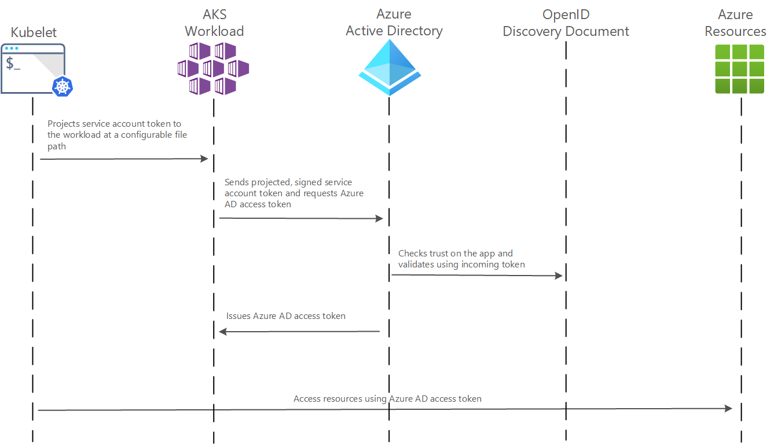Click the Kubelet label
point(34,32)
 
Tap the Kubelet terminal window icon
point(32,68)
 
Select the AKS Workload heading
point(214,23)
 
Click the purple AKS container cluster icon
point(213,68)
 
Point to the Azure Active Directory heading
point(394,23)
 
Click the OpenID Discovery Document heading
point(566,23)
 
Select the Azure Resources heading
point(735,23)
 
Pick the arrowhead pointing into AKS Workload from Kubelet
point(204,159)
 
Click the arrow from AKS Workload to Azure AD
point(301,218)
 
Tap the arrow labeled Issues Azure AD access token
point(299,332)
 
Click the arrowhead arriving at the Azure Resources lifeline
point(728,409)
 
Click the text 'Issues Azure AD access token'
point(286,316)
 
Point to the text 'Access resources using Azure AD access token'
point(387,399)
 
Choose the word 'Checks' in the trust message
point(413,254)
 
